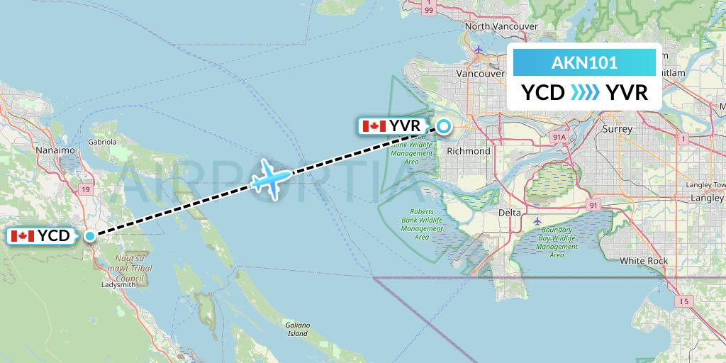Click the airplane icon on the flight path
(x=271, y=177)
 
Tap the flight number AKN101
(x=584, y=62)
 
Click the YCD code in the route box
(x=542, y=93)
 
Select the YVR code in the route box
(x=626, y=93)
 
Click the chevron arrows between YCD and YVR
(x=584, y=93)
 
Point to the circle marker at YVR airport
(x=443, y=127)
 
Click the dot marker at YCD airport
(x=90, y=236)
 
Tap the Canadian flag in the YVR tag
(x=373, y=127)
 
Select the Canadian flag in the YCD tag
(x=23, y=236)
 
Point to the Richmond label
(x=469, y=151)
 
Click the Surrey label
(x=616, y=130)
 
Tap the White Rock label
(x=644, y=261)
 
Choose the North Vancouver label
(x=501, y=26)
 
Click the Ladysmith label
(x=118, y=285)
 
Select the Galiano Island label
(x=297, y=329)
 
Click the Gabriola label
(x=102, y=141)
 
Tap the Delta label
(x=509, y=213)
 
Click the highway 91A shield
(x=559, y=137)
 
